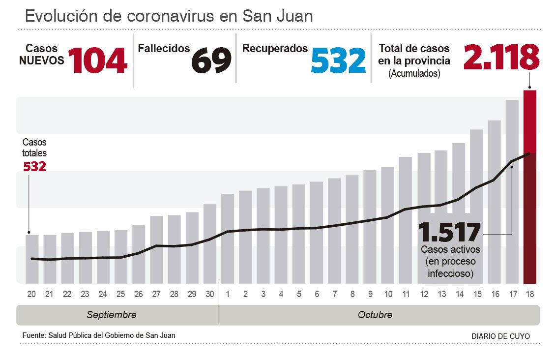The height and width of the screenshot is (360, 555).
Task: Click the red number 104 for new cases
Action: coord(97,60)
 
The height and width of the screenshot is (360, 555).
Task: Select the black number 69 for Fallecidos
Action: coord(211,60)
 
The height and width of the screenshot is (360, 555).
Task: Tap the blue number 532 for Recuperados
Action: coord(339,60)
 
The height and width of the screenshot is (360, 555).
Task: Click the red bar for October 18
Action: coord(530,187)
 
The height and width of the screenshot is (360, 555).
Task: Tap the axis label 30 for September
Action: coord(210,294)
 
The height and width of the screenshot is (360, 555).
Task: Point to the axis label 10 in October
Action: coord(388,294)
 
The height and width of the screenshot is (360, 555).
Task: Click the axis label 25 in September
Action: coord(121,294)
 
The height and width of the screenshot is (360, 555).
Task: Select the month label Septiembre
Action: coord(112,315)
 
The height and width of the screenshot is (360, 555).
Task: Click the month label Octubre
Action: coord(375,315)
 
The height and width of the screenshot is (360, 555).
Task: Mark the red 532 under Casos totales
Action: coord(35,166)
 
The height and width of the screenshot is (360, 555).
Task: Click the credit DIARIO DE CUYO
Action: coord(500,336)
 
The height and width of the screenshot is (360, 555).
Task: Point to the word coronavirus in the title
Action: coord(170,16)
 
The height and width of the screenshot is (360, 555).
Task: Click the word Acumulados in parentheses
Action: coord(414,74)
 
